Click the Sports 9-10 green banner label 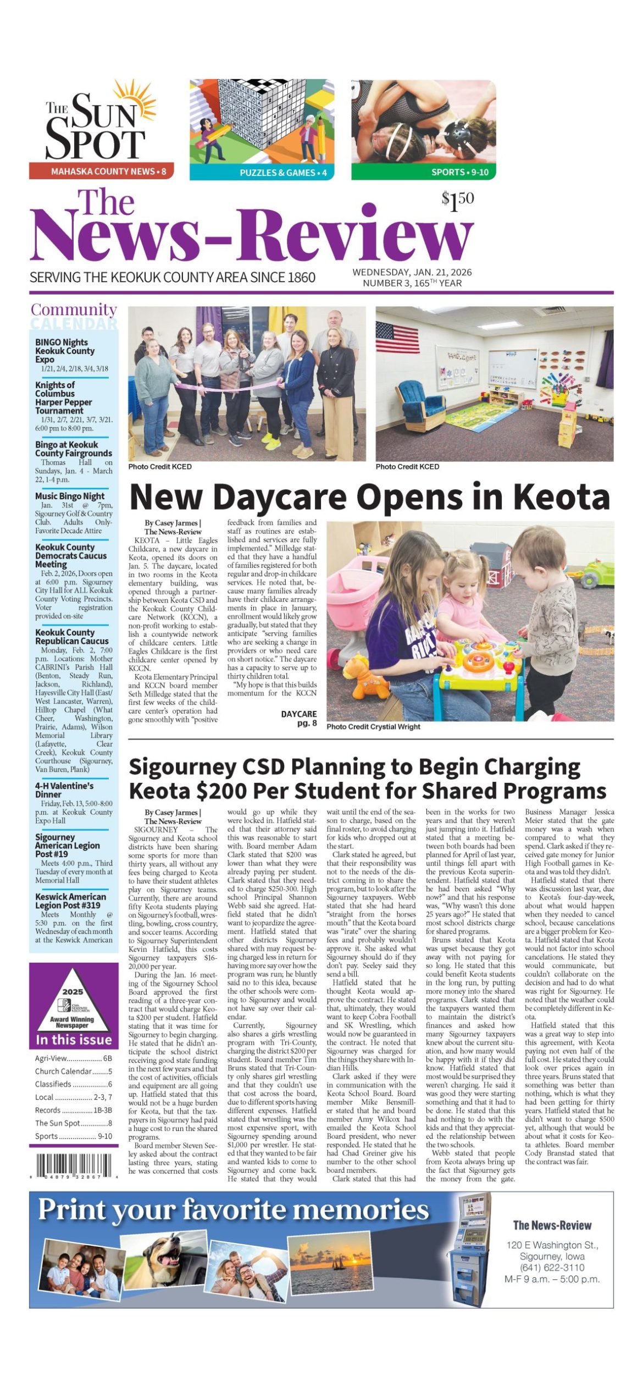(459, 172)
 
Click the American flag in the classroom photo (397, 336)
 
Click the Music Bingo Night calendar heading (70, 496)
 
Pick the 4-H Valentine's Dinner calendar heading (64, 790)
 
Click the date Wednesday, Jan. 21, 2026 (412, 272)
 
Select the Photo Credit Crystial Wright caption (373, 726)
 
